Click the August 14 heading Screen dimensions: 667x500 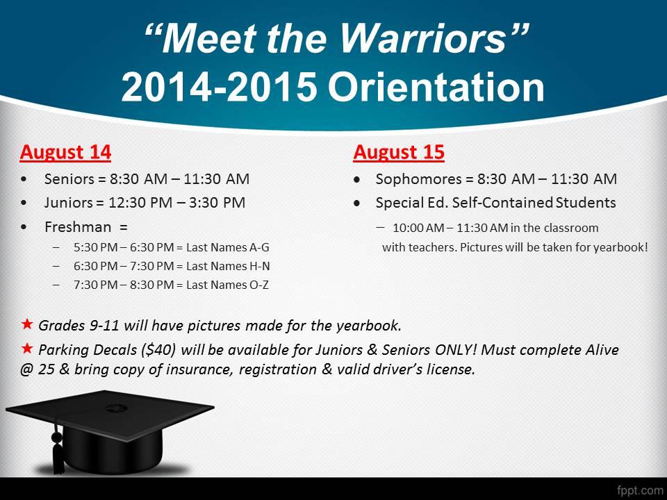pos(65,153)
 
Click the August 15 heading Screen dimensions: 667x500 pos(399,153)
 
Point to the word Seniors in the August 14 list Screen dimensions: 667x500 pos(69,179)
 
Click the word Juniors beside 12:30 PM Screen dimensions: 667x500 pos(69,203)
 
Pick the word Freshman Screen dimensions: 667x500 pos(78,226)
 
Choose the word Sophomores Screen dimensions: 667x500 pos(418,179)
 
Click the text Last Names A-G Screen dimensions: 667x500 pos(228,247)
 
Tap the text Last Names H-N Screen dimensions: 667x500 pos(228,266)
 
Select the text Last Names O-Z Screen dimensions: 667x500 pos(228,285)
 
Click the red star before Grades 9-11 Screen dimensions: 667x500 pos(27,324)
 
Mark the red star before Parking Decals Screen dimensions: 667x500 pos(27,349)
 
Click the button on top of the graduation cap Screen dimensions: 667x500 pos(116,408)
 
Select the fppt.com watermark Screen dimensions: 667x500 pos(640,490)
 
